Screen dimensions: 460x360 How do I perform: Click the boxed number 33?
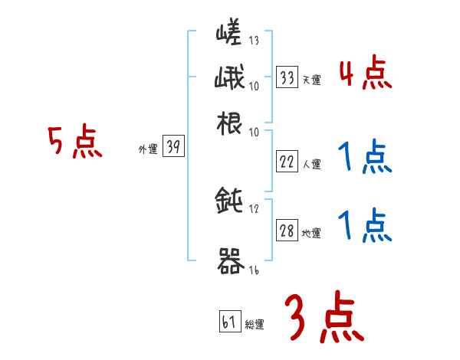click(x=287, y=77)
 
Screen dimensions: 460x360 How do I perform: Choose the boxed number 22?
click(x=287, y=162)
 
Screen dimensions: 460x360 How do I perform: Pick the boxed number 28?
click(x=287, y=231)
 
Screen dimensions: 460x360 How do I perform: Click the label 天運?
click(x=311, y=80)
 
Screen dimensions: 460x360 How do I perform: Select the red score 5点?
click(x=75, y=142)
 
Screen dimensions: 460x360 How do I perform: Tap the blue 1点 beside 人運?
click(x=365, y=158)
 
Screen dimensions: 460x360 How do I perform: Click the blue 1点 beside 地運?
click(x=365, y=226)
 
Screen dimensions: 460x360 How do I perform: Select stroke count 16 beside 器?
click(x=254, y=270)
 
